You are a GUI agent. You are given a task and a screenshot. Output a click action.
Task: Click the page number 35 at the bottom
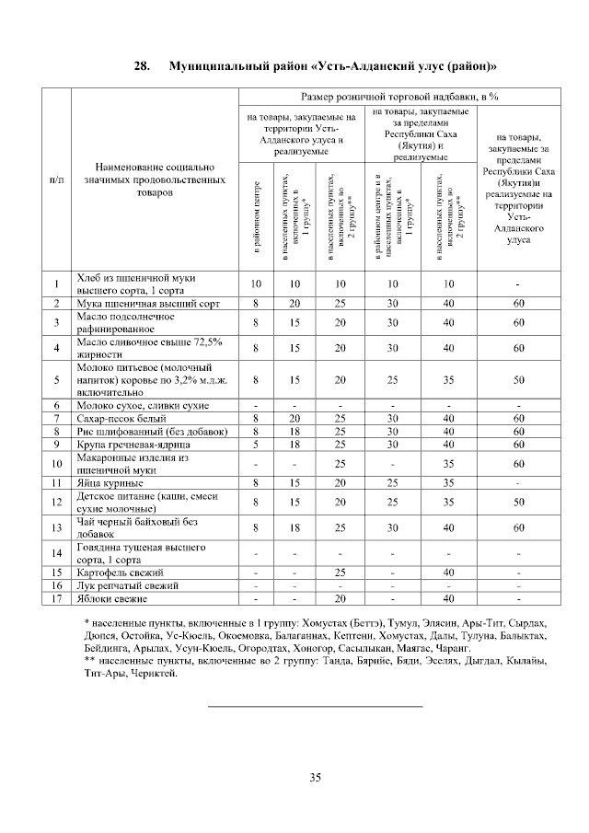coord(315,778)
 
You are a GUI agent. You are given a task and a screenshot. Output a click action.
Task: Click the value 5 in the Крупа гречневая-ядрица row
coord(257,445)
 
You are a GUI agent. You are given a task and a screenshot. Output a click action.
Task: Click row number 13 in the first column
coord(56,527)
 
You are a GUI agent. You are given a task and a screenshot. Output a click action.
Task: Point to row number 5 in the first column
coord(56,379)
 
